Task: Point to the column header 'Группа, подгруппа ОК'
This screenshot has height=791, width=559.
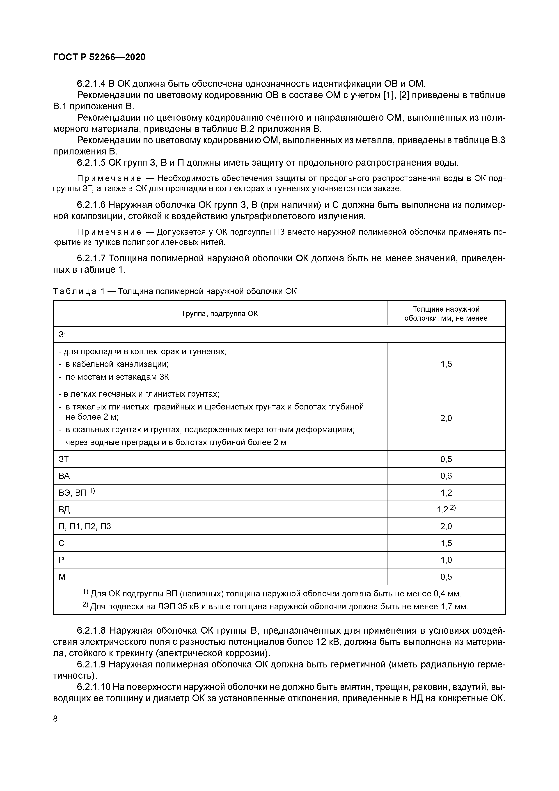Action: click(220, 313)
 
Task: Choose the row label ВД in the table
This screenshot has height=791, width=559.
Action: click(64, 510)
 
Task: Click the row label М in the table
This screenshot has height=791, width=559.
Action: click(62, 577)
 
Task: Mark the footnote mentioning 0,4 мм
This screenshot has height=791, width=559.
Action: click(272, 594)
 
